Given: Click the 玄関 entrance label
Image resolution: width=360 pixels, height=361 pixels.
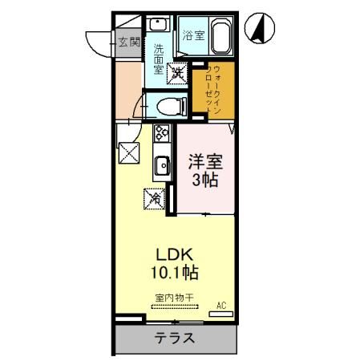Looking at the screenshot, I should tap(128, 42).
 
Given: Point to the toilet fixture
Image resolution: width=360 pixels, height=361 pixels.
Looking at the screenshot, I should tap(168, 105).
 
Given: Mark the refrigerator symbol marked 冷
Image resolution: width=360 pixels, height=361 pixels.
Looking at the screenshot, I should tap(154, 196).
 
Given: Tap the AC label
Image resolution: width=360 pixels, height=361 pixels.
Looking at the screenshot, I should tap(222, 306).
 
